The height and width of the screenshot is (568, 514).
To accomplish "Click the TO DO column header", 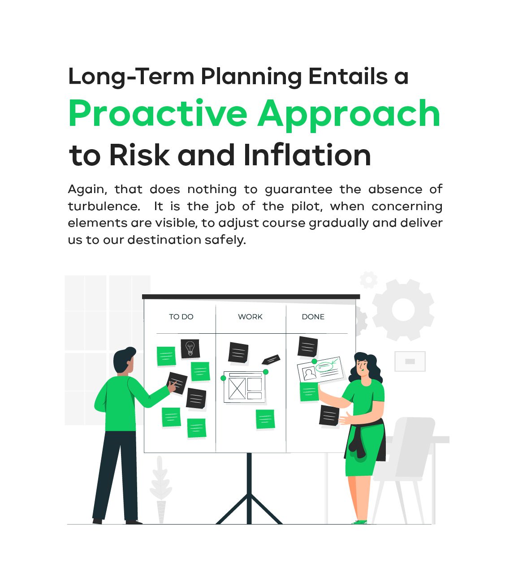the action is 181,317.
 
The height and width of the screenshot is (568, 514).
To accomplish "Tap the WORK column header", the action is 250,317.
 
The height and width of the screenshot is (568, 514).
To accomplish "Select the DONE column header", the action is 313,317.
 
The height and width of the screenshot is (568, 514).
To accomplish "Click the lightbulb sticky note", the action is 190,349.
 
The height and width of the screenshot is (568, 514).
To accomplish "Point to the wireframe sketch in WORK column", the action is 244,387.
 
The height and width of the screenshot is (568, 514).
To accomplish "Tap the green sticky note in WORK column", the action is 265,419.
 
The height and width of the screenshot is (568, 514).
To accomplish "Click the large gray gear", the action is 403,310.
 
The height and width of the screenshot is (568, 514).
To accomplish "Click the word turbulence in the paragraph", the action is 104,206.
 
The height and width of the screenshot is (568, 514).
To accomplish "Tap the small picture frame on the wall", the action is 410,361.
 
